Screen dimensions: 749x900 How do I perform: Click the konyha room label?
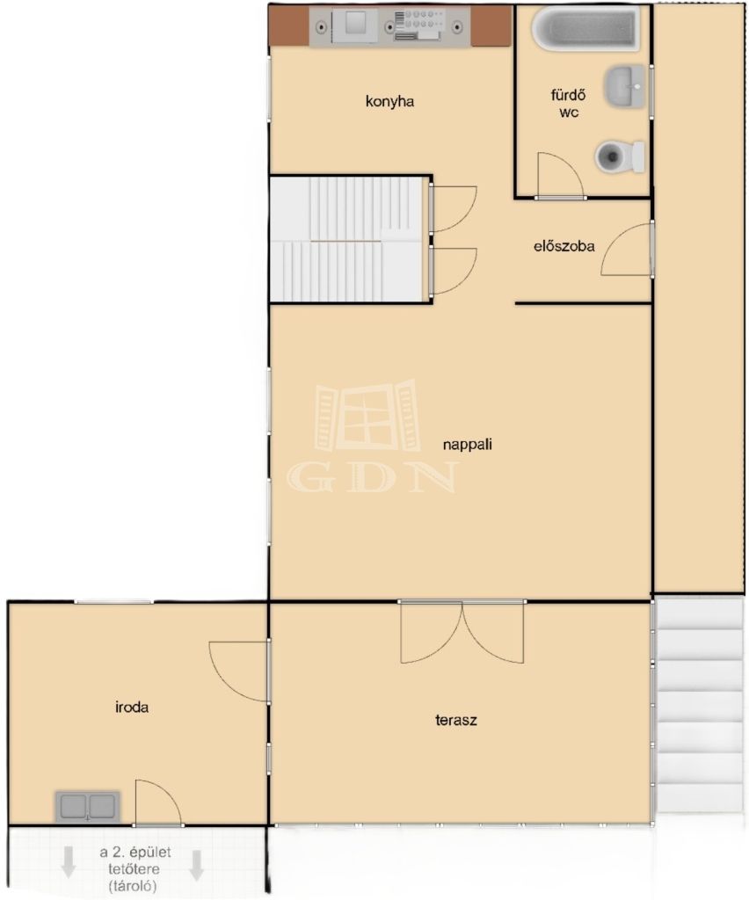pos(389,102)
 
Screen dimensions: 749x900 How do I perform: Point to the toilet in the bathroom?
pos(620,156)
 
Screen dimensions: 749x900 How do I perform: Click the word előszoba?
pos(564,246)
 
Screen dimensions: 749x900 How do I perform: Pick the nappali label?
pos(467,444)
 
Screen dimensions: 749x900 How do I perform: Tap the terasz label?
pos(456,720)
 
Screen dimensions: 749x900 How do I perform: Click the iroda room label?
pos(132,708)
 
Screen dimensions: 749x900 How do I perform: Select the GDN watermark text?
pos(373,477)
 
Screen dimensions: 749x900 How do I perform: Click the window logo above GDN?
pos(367,415)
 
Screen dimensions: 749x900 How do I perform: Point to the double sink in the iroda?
pos(88,807)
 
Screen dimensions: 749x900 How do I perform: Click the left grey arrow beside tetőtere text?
pos(69,862)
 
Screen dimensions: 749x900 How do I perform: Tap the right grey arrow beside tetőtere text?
pos(197,865)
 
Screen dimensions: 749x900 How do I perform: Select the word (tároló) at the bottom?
pos(132,886)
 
